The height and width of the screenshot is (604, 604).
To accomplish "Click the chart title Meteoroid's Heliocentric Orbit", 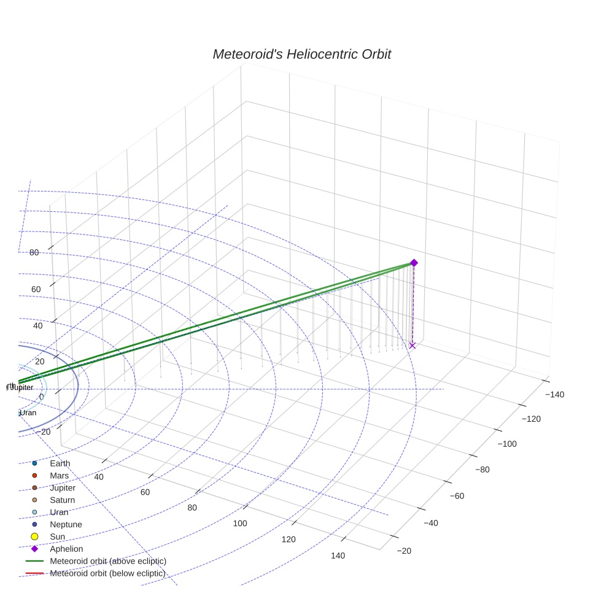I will click(301, 54).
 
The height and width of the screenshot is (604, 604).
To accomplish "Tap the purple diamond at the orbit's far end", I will click(414, 263).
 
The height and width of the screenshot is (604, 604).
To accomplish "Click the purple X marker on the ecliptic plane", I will click(412, 346).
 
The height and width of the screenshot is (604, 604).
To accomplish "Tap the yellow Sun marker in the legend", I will click(35, 537).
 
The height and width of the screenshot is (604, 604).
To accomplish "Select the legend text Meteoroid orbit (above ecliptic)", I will click(108, 561).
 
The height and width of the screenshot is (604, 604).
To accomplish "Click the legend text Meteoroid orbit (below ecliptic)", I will click(108, 573).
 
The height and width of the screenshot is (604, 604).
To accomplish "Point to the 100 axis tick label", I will click(240, 524).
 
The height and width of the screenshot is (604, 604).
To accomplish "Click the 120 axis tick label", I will click(288, 540).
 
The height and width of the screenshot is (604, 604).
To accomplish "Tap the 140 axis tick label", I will click(338, 556).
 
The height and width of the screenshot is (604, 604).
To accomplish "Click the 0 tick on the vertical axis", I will click(42, 397).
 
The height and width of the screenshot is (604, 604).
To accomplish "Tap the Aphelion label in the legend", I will click(66, 549).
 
